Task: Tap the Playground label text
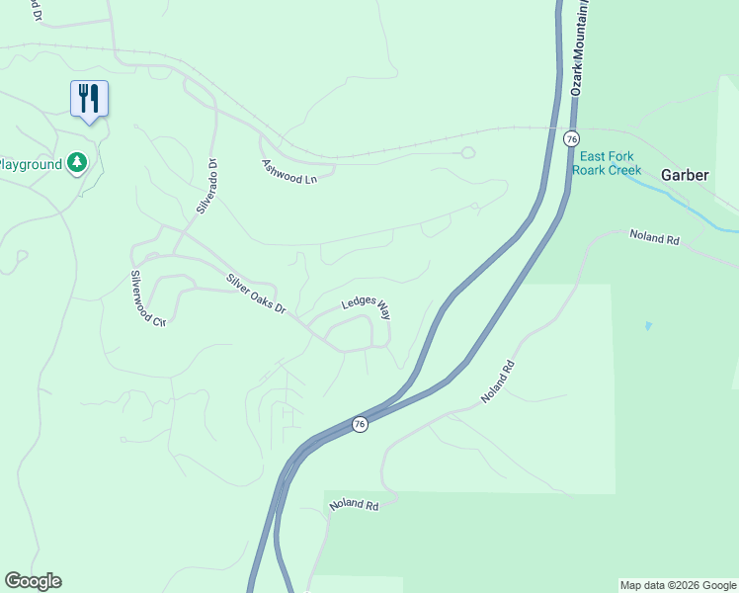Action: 31,164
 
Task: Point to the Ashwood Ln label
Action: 289,171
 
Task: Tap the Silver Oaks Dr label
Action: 256,295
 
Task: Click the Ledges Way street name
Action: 366,307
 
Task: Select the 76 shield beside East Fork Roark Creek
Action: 571,139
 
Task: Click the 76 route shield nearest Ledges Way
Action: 360,424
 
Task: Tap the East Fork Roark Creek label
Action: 610,163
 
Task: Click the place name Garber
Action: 685,175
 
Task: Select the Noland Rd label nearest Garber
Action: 655,238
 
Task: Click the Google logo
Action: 33,581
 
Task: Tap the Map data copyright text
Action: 678,585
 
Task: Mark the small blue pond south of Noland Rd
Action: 647,325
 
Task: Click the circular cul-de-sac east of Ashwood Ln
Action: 467,152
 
